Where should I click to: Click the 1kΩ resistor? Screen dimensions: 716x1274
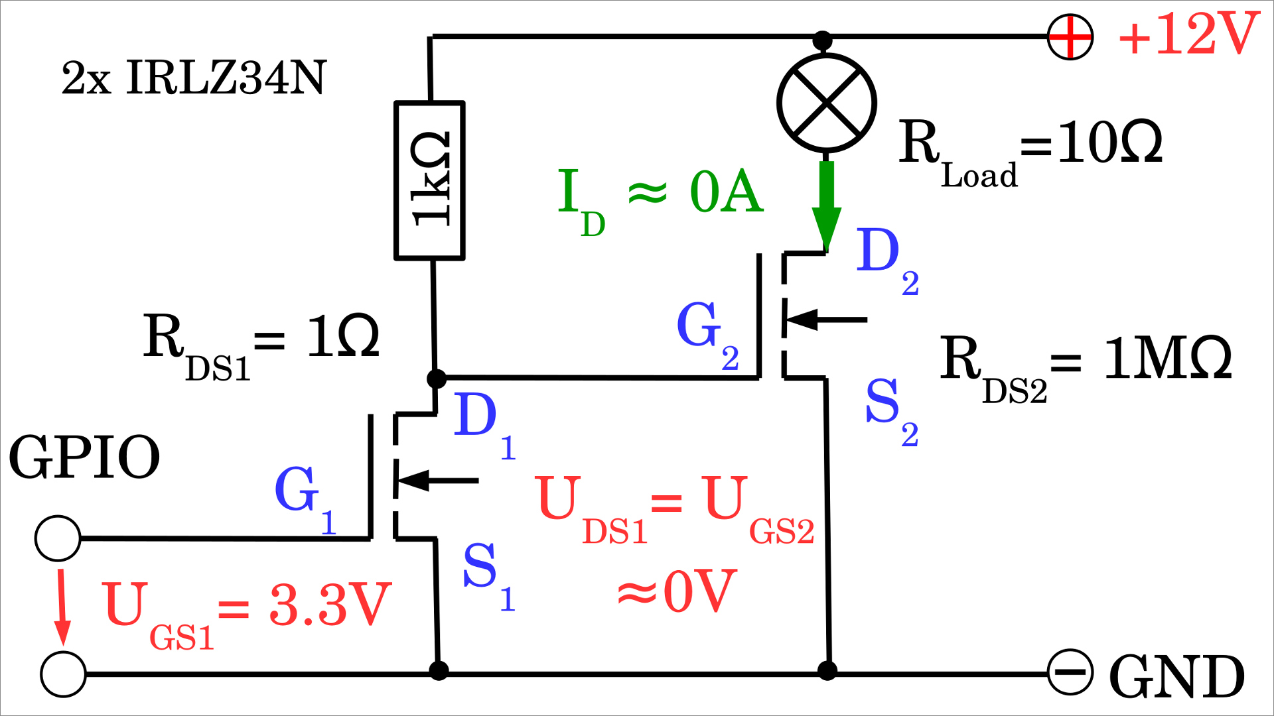coord(429,180)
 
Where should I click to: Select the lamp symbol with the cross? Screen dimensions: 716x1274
coord(827,103)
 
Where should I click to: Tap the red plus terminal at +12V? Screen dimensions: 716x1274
coord(1070,36)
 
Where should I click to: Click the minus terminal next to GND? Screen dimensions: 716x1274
coord(1070,672)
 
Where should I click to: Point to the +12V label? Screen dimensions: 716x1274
coord(1188,34)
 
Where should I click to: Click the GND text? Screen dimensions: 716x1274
coord(1176,676)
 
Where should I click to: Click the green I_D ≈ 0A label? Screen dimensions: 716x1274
coord(660,196)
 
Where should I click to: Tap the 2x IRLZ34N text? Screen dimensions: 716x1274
coord(194,78)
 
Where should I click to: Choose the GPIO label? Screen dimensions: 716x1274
coord(84,457)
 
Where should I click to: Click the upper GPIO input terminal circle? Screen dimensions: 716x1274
coord(58,538)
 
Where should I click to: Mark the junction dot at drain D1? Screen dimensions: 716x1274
coord(436,379)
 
